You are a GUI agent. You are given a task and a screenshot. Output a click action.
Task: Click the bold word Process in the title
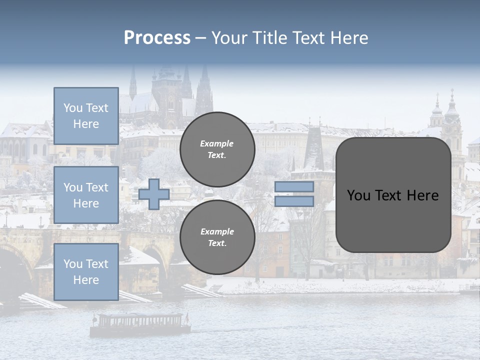tap(157, 38)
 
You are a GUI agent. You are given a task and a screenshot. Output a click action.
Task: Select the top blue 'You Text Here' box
tap(86, 116)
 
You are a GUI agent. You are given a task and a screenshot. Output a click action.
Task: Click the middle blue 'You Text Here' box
tap(86, 195)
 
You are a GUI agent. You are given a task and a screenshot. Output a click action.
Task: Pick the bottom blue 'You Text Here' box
tap(86, 272)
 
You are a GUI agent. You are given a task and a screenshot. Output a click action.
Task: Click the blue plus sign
tap(154, 194)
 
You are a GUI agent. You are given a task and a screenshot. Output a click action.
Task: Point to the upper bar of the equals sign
tap(294, 186)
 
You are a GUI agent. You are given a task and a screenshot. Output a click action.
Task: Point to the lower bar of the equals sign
tap(294, 201)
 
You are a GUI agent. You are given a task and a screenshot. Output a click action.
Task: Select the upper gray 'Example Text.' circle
tap(217, 149)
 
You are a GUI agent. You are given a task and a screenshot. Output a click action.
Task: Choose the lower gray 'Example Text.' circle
tap(217, 237)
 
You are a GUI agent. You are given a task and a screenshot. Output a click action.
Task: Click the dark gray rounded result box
tap(393, 195)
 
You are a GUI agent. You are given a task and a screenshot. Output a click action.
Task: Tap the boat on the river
tap(140, 324)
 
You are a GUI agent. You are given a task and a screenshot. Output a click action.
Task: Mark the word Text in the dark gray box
tap(388, 195)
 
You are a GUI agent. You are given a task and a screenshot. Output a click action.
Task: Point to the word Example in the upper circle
tap(217, 144)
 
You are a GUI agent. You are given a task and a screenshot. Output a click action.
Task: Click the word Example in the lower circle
tap(217, 232)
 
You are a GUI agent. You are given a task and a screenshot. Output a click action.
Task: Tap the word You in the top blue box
tap(73, 108)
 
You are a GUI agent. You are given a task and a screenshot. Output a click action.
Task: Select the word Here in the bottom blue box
tap(86, 280)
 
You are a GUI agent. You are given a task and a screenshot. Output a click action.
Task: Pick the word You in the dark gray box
tap(358, 195)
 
